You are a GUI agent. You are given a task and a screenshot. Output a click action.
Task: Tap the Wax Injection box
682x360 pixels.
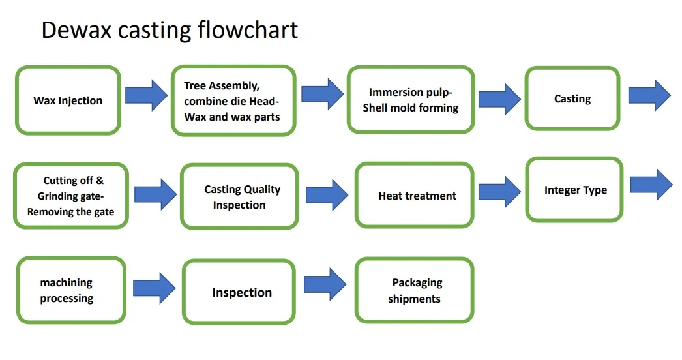68,100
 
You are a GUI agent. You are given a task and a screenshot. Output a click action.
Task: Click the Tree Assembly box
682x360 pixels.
233,100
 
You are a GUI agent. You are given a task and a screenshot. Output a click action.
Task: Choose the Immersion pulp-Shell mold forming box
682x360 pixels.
410,100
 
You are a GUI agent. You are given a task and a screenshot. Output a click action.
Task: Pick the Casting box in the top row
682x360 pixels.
572,98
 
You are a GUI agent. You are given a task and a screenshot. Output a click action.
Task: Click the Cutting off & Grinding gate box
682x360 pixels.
71,196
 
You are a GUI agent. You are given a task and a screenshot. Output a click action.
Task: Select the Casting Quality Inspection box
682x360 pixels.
239,196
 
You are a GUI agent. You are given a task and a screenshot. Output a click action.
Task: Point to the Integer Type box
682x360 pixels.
574,189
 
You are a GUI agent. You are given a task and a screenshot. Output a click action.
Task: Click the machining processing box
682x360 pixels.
70,290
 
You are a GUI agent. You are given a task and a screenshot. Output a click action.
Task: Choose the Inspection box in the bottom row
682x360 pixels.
239,292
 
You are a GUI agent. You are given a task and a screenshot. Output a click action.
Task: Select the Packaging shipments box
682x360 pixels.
414,290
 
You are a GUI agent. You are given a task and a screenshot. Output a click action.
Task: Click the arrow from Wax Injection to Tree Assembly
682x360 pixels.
145,96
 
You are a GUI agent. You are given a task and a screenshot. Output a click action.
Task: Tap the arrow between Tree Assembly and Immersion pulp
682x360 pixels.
321,95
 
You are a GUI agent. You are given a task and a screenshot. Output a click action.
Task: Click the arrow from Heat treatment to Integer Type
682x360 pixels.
499,191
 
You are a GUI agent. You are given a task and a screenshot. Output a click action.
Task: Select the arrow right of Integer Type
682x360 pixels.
651,185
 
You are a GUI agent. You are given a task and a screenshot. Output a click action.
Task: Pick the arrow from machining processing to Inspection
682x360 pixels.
154,288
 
